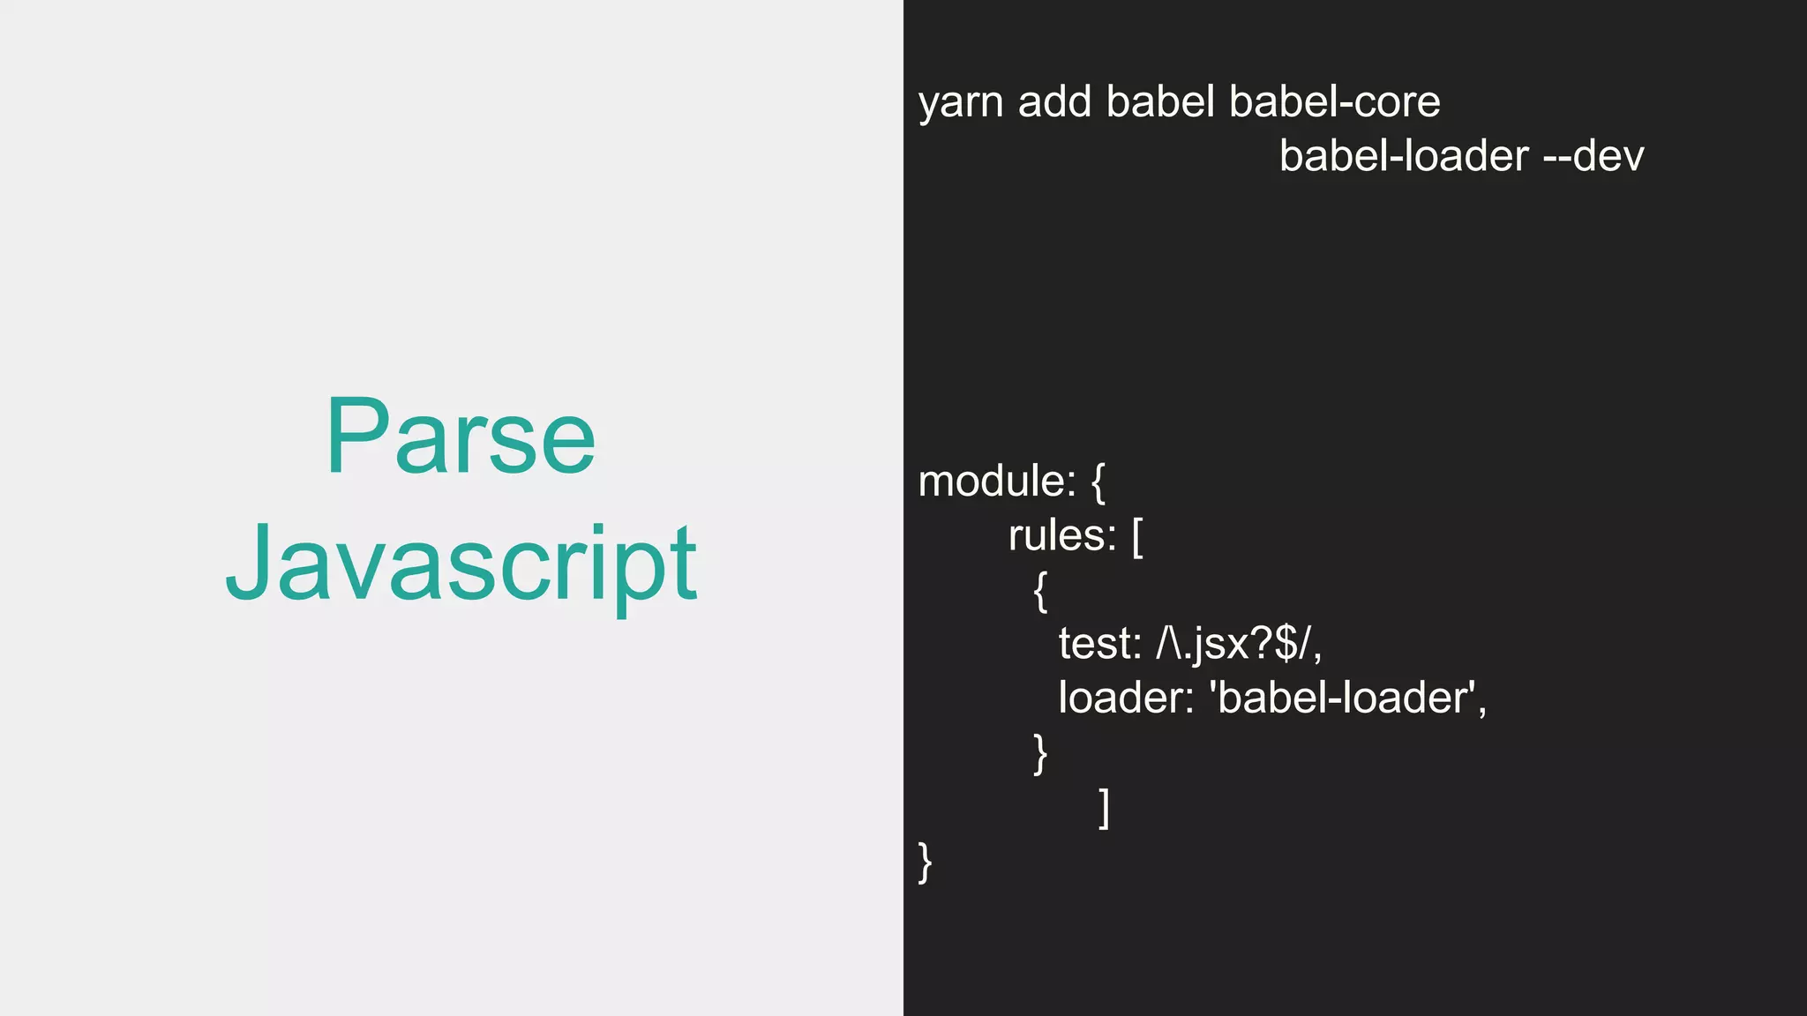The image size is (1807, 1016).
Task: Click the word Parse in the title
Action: click(461, 437)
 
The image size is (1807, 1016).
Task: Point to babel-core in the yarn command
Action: click(1334, 102)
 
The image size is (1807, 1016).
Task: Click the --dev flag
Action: click(1593, 157)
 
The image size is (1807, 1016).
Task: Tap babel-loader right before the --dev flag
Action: click(1404, 157)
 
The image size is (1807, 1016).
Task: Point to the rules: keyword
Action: click(1062, 536)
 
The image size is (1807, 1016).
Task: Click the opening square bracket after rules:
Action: click(1137, 538)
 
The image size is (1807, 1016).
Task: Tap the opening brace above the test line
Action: click(1041, 591)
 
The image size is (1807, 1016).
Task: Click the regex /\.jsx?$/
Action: click(1239, 644)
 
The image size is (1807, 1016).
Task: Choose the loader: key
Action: click(1126, 698)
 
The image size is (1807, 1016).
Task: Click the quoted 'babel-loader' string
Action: click(1347, 698)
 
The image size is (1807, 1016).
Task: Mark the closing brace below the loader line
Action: click(1041, 753)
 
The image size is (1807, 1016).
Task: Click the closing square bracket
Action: click(1104, 808)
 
